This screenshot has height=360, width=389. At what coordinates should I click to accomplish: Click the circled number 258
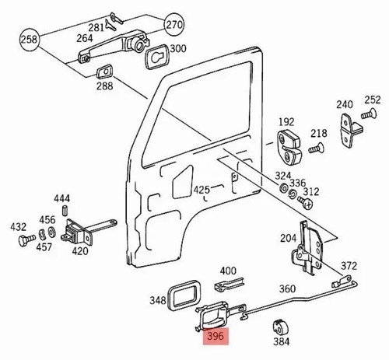30,40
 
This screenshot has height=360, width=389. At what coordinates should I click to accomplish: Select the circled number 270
174,25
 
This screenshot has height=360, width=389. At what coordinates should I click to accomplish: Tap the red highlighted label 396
216,337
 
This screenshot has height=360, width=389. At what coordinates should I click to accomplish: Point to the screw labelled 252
369,114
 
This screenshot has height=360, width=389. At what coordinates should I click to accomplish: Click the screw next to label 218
316,148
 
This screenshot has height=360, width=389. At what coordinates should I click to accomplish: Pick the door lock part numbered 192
289,147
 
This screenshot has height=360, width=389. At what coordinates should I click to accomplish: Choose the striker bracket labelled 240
351,131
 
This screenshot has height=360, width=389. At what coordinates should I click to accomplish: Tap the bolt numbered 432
26,240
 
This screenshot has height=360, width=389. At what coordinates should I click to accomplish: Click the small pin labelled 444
65,210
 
